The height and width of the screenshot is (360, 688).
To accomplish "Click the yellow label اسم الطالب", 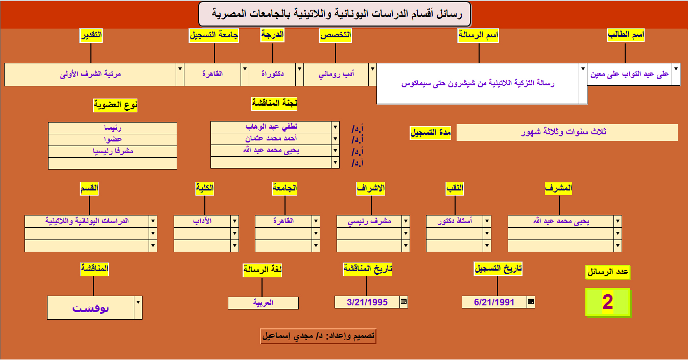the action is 626,35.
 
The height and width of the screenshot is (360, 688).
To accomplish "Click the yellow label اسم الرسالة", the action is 478,35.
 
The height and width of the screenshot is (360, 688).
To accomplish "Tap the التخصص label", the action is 335,35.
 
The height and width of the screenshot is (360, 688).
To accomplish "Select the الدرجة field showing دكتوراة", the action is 272,75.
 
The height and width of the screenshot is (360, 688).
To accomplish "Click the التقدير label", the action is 91,35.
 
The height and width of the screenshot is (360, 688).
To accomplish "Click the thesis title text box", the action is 478,84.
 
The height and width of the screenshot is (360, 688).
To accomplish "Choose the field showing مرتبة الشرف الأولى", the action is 90,75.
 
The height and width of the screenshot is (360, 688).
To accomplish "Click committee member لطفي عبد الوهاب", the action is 271,127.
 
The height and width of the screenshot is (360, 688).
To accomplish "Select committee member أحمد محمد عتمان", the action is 271,139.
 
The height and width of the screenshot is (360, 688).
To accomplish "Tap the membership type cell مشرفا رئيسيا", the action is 113,152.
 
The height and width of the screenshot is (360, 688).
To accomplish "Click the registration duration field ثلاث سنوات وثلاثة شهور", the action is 567,132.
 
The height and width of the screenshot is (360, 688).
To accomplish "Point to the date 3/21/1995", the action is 367,302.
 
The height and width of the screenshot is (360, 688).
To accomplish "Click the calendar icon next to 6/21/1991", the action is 531,302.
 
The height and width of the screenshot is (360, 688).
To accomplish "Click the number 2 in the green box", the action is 608,302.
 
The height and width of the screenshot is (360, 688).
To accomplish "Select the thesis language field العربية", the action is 263,303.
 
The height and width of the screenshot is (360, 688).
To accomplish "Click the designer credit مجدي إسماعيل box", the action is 318,336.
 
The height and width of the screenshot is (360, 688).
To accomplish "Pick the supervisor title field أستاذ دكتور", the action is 455,221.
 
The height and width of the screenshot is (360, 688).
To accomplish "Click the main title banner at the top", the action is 335,14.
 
